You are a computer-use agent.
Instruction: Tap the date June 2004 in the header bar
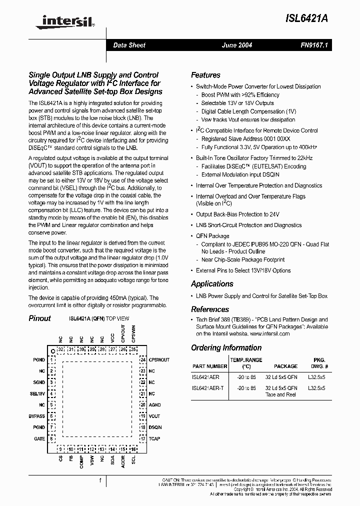click(237, 45)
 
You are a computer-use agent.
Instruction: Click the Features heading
click(205, 75)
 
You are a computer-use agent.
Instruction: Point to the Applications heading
click(212, 283)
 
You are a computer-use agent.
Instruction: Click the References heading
click(210, 309)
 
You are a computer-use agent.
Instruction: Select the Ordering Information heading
click(226, 347)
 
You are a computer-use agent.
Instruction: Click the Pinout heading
click(39, 318)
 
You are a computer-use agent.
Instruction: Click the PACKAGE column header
click(285, 366)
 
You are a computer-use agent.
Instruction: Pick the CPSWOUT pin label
click(159, 360)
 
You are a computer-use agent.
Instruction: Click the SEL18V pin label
click(37, 393)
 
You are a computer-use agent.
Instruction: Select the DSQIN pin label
click(155, 427)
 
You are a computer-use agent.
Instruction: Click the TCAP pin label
click(154, 438)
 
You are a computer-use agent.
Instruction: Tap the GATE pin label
click(39, 438)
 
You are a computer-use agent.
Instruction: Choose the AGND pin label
click(154, 405)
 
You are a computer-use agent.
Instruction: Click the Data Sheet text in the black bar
click(129, 45)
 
